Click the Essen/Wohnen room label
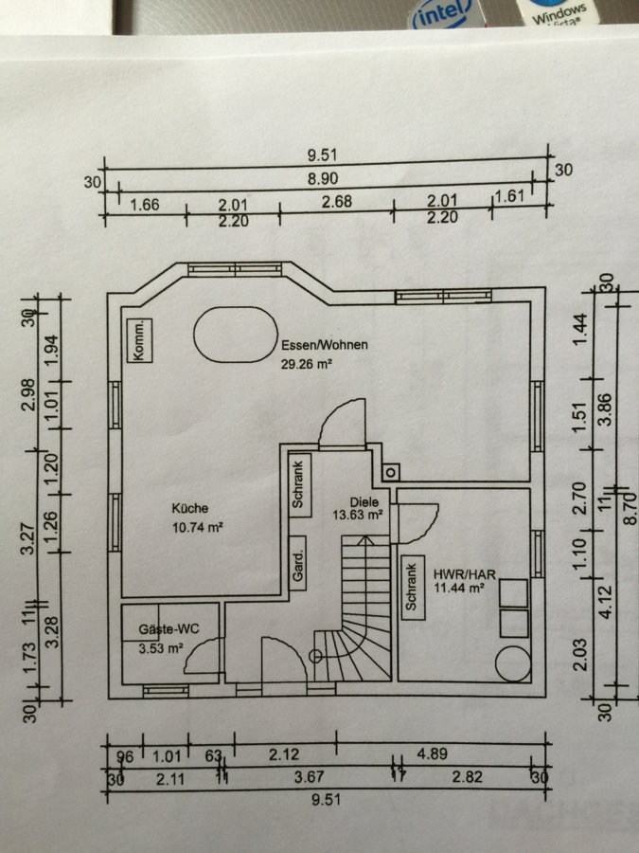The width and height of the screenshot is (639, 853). click(x=325, y=345)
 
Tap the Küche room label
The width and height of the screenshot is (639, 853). click(x=190, y=508)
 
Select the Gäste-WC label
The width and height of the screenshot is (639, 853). click(x=169, y=629)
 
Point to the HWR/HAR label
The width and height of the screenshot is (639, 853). click(x=465, y=574)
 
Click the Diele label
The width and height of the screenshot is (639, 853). click(x=364, y=502)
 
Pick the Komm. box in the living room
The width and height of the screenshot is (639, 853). click(x=140, y=340)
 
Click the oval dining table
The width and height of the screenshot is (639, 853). click(x=236, y=335)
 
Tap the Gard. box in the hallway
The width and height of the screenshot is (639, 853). click(x=298, y=563)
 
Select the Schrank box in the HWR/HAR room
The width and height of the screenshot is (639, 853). click(x=412, y=587)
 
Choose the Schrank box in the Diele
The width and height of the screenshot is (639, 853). click(x=299, y=485)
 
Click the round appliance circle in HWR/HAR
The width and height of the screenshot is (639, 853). click(x=513, y=663)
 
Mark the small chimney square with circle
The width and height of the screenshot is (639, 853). click(x=390, y=472)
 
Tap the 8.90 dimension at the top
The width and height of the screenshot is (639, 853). click(x=323, y=178)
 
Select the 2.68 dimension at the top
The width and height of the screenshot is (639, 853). click(x=337, y=202)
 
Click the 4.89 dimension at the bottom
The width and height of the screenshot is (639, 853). click(x=432, y=754)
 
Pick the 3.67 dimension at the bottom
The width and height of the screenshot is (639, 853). click(x=310, y=777)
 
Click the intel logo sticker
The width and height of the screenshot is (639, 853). click(x=440, y=14)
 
